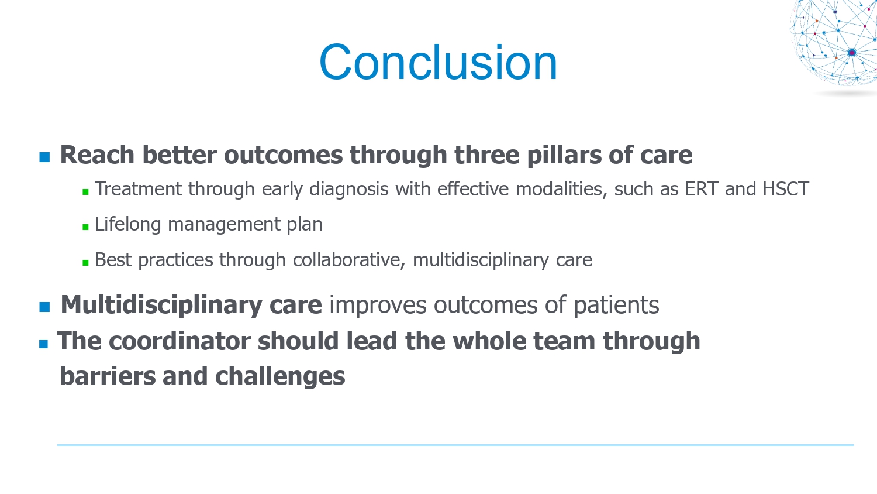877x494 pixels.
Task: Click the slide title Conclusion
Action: click(x=438, y=63)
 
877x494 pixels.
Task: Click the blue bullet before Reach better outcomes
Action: click(x=44, y=157)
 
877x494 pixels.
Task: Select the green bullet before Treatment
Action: click(x=86, y=192)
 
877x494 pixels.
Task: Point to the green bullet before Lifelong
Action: click(x=86, y=227)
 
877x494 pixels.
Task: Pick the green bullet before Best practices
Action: click(x=86, y=262)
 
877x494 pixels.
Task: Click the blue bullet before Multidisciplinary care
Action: click(x=44, y=307)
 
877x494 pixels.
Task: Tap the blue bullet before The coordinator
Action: click(x=43, y=344)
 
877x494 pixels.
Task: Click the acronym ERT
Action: click(x=701, y=189)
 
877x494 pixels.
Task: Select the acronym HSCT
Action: click(x=786, y=189)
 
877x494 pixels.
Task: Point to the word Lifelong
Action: click(x=128, y=225)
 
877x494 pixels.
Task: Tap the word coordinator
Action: click(x=179, y=341)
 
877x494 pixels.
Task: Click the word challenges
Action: click(x=280, y=377)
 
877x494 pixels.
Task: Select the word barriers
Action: click(x=108, y=376)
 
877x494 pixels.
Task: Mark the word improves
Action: click(x=378, y=306)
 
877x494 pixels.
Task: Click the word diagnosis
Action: click(x=349, y=190)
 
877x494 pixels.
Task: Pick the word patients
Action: click(x=616, y=306)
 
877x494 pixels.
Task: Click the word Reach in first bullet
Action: click(x=97, y=155)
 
